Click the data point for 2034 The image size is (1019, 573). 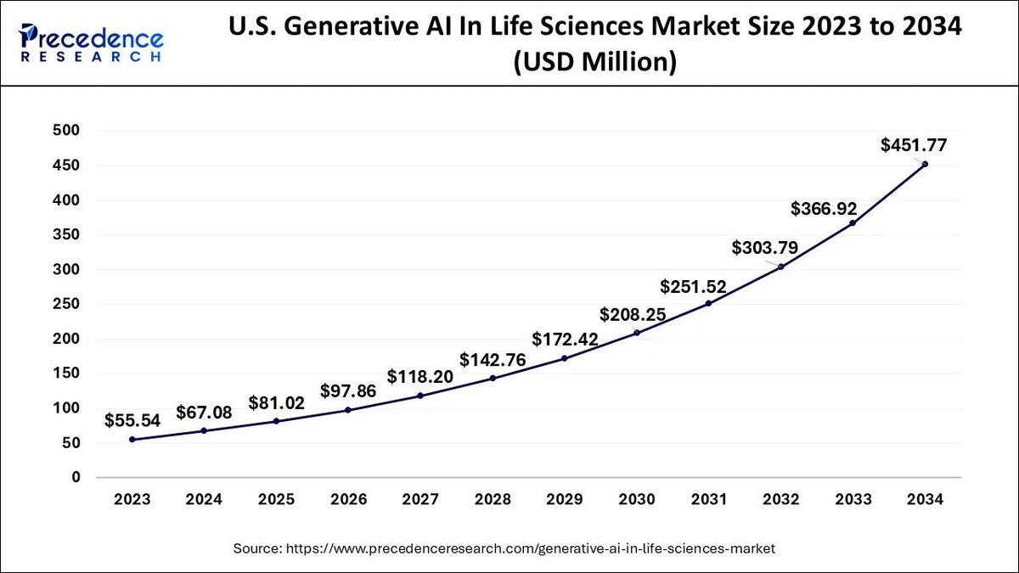pyautogui.click(x=925, y=164)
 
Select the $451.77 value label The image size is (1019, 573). pyautogui.click(x=913, y=144)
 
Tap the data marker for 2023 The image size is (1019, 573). pyautogui.click(x=132, y=439)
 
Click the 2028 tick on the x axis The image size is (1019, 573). pyautogui.click(x=493, y=499)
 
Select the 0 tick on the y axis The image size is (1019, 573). pyautogui.click(x=76, y=478)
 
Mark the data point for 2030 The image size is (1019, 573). pyautogui.click(x=636, y=333)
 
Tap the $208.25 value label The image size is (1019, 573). pyautogui.click(x=633, y=315)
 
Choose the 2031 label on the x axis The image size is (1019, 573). pyautogui.click(x=708, y=499)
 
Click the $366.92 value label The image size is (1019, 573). pyautogui.click(x=824, y=208)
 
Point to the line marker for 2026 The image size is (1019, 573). pyautogui.click(x=347, y=410)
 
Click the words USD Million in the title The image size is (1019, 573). pyautogui.click(x=594, y=63)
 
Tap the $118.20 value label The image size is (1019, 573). pyautogui.click(x=420, y=375)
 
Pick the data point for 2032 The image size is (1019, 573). pyautogui.click(x=780, y=267)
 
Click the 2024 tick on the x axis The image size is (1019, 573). pyautogui.click(x=204, y=499)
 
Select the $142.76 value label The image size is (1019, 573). pyautogui.click(x=493, y=359)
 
